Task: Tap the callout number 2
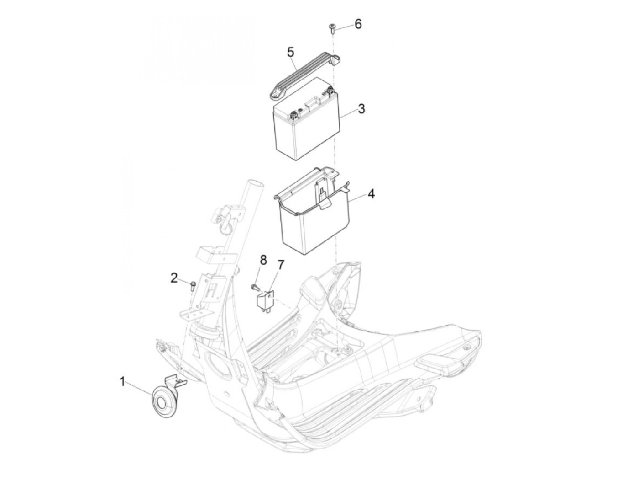(x=174, y=277)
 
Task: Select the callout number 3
(x=361, y=109)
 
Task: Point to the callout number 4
(x=371, y=194)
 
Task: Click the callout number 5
(x=291, y=52)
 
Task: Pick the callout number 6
(x=358, y=24)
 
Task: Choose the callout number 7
(x=281, y=265)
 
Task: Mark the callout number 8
(x=263, y=260)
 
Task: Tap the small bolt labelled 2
(x=192, y=286)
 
